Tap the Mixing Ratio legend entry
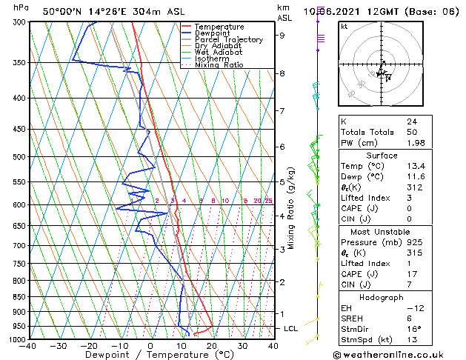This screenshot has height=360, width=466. coord(219,65)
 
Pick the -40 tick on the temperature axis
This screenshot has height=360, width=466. coord(28,346)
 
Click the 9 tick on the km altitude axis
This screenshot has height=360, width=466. coord(282,35)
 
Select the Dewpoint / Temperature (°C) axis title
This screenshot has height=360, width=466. coord(150,355)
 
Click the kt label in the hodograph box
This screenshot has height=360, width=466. coord(344,26)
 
